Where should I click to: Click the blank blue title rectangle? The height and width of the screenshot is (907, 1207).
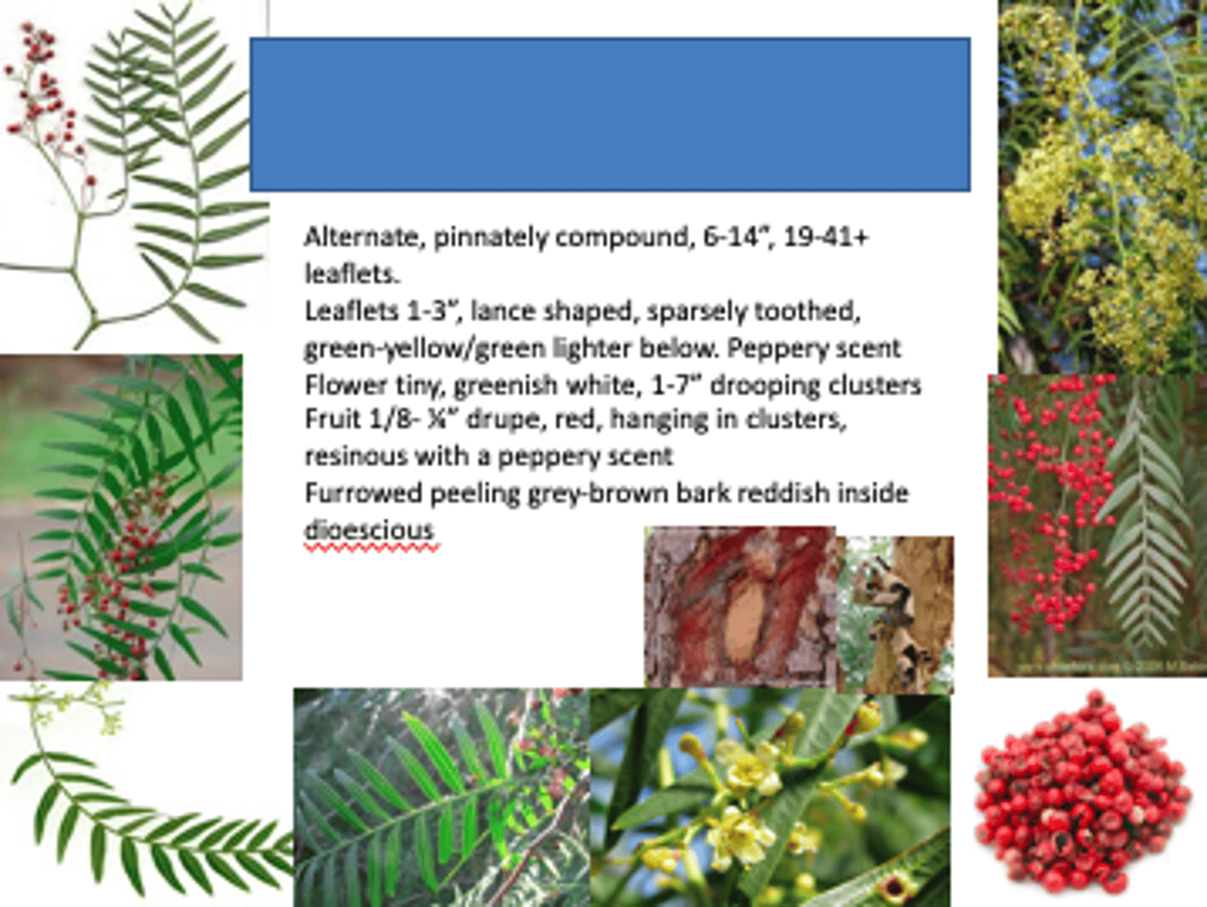pos(609,114)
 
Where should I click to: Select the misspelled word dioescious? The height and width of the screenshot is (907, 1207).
pos(370,530)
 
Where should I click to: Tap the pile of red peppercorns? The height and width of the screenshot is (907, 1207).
pos(1082,792)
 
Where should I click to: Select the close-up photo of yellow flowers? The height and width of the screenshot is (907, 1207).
pos(769,796)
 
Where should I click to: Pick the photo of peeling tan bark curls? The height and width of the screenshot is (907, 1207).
pos(897,614)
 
